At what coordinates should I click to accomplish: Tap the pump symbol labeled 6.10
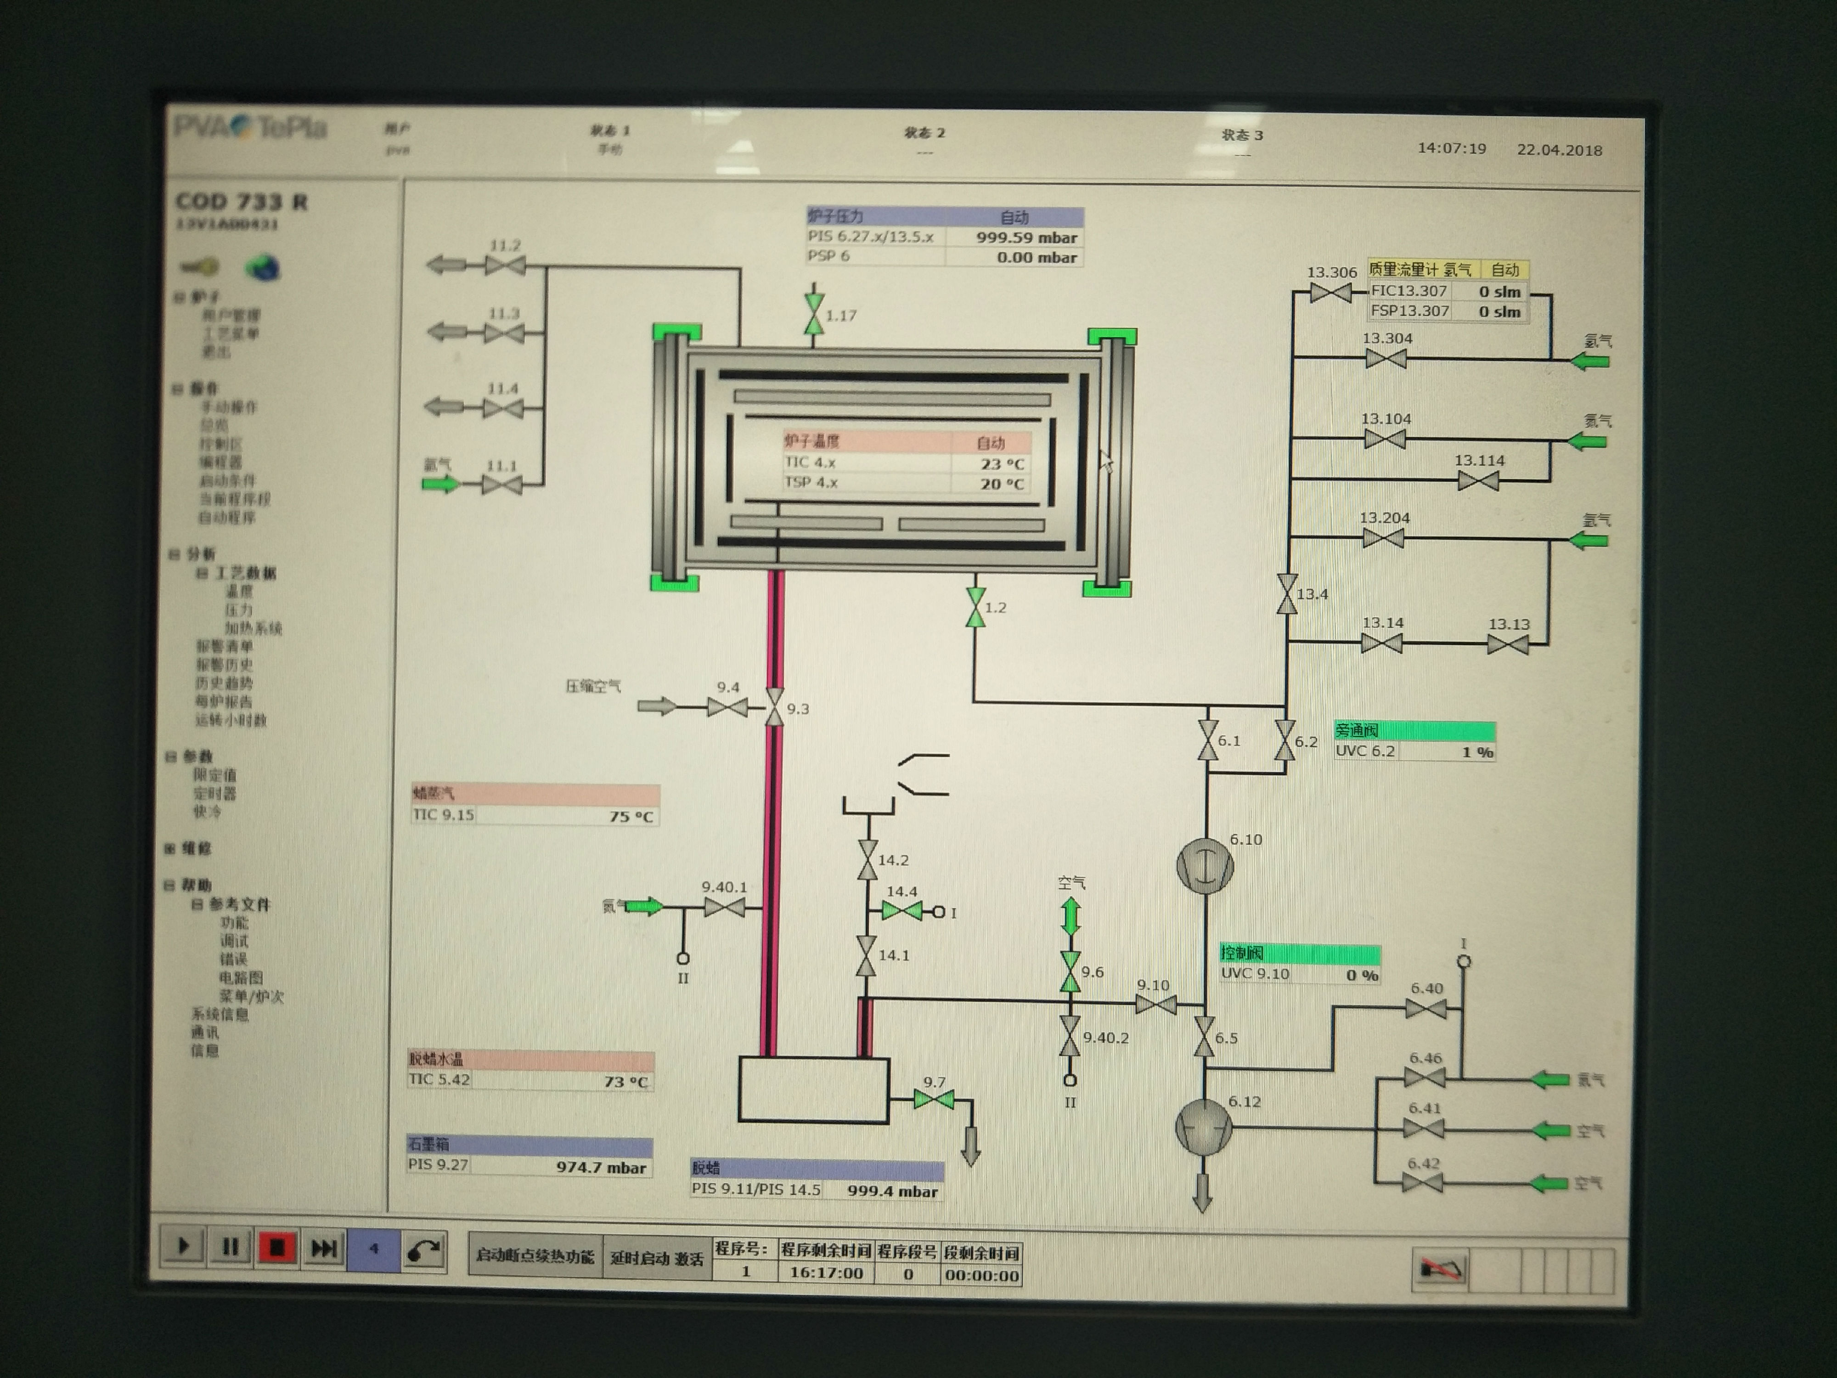[1205, 865]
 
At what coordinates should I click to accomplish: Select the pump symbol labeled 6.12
[1203, 1127]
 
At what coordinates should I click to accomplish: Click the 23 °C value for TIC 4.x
[1002, 463]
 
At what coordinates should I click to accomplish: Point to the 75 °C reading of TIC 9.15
[631, 817]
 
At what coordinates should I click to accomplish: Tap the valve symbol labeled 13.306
[1330, 293]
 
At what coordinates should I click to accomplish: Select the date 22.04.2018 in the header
[1559, 150]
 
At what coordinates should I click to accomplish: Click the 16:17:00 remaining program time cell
[825, 1272]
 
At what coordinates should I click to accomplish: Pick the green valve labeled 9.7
[934, 1101]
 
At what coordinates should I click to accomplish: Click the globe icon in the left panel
[262, 267]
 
